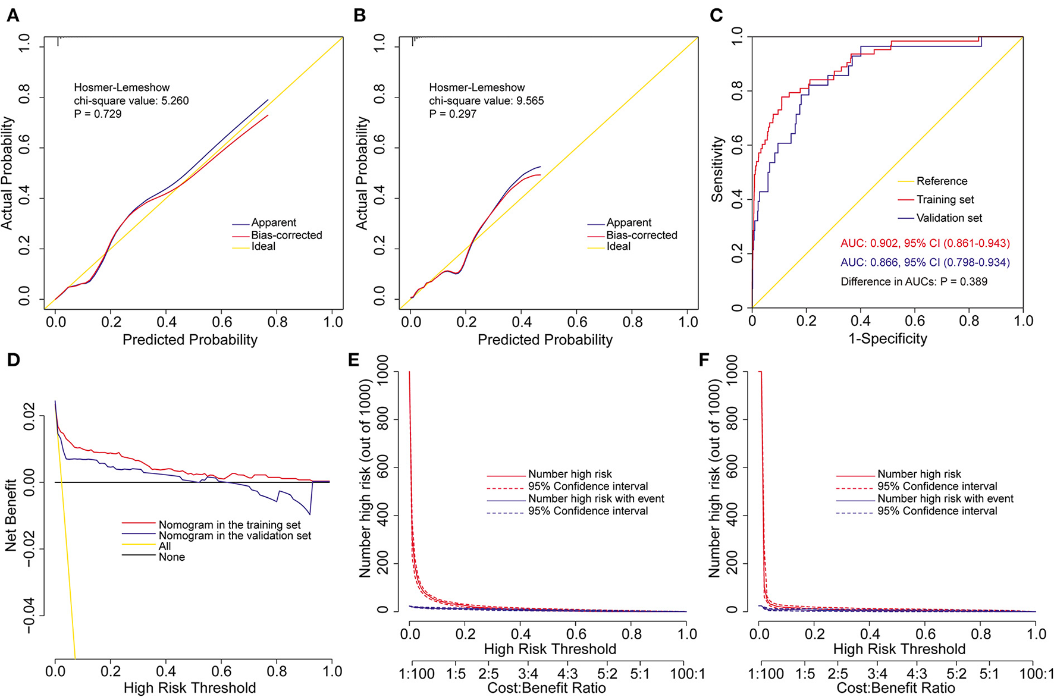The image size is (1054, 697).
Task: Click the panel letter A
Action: pos(13,15)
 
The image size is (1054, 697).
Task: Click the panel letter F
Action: pos(704,361)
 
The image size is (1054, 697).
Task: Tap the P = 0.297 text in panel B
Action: pos(453,114)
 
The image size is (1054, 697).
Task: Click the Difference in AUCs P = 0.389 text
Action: pos(914,281)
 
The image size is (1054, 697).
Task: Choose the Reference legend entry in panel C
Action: pos(942,181)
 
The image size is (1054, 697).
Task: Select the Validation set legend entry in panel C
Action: pos(949,218)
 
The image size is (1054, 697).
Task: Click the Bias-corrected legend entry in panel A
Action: pos(286,235)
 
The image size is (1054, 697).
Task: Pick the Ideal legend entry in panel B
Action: pos(619,246)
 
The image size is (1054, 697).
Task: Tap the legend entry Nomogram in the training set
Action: pos(230,525)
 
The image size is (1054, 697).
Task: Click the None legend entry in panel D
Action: pos(171,557)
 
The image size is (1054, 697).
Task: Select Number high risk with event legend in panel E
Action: pos(596,498)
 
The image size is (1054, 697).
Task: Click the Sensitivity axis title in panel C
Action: pos(717,169)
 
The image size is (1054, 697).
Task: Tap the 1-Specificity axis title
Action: pos(887,338)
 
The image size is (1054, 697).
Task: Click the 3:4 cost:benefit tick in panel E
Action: pos(528,674)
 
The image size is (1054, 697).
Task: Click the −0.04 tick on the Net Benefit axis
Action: pos(27,616)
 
